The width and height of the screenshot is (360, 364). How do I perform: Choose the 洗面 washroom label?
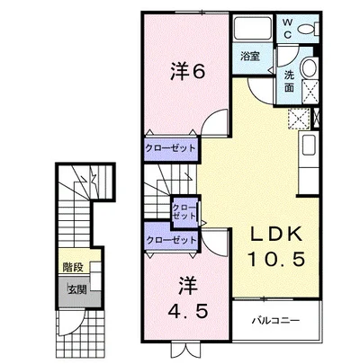click(x=290, y=79)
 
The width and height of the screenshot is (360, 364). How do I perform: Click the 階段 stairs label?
click(x=74, y=267)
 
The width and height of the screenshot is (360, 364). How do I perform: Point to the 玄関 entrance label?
click(x=76, y=289)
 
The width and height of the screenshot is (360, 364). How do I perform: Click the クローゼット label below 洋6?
click(x=170, y=148)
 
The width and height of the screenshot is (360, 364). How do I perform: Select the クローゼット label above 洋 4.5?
click(x=170, y=240)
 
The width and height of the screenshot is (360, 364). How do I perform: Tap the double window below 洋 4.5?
click(x=170, y=350)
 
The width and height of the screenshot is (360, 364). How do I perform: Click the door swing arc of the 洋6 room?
click(x=212, y=124)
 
